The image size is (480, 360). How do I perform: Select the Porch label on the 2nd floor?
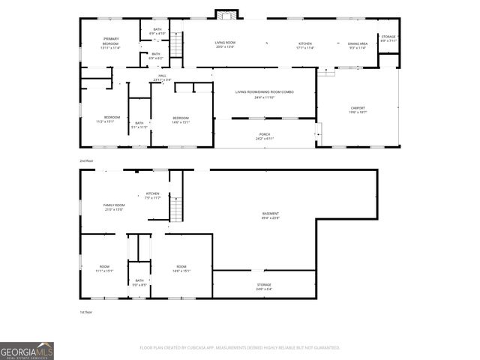coord(265,136)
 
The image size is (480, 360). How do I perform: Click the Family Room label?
coord(113,207)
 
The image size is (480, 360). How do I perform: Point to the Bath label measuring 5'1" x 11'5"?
coord(139,125)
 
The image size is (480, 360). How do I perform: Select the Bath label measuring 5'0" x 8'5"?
coord(139,283)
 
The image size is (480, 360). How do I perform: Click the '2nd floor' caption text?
coord(87,160)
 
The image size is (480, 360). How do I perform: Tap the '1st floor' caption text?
coord(87,312)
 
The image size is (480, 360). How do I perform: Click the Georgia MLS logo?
coord(27,351)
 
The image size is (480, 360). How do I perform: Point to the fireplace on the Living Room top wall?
coord(225,13)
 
